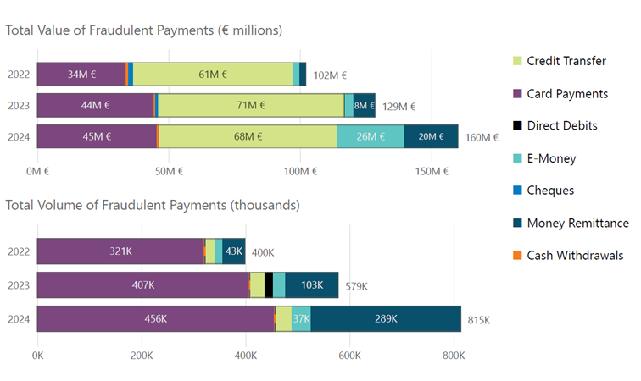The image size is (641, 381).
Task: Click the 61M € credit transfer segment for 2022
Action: coord(213,75)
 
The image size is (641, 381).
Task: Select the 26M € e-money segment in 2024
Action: coord(370,136)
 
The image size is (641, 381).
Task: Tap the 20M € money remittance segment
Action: coord(431,136)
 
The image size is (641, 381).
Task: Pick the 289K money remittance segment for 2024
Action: coord(386,318)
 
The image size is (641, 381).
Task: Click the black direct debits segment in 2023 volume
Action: coord(269,284)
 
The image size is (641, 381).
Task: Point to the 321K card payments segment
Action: coord(120,251)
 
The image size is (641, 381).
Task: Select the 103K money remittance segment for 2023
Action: coord(311,284)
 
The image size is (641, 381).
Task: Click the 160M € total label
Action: coord(482,137)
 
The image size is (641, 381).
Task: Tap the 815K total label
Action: coord(479,319)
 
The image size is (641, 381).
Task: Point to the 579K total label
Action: coord(357,286)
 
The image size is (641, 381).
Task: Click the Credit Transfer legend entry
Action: coord(566,61)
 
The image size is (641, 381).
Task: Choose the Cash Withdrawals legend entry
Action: coord(574,255)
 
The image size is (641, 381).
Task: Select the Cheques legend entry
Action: coord(549,190)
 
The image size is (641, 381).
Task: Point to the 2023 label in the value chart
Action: coord(19,106)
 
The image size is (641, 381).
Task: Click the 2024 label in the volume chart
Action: coord(19,319)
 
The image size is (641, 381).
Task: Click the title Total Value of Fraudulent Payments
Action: coord(144,30)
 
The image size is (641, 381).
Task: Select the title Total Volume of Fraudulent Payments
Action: coord(153,204)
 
